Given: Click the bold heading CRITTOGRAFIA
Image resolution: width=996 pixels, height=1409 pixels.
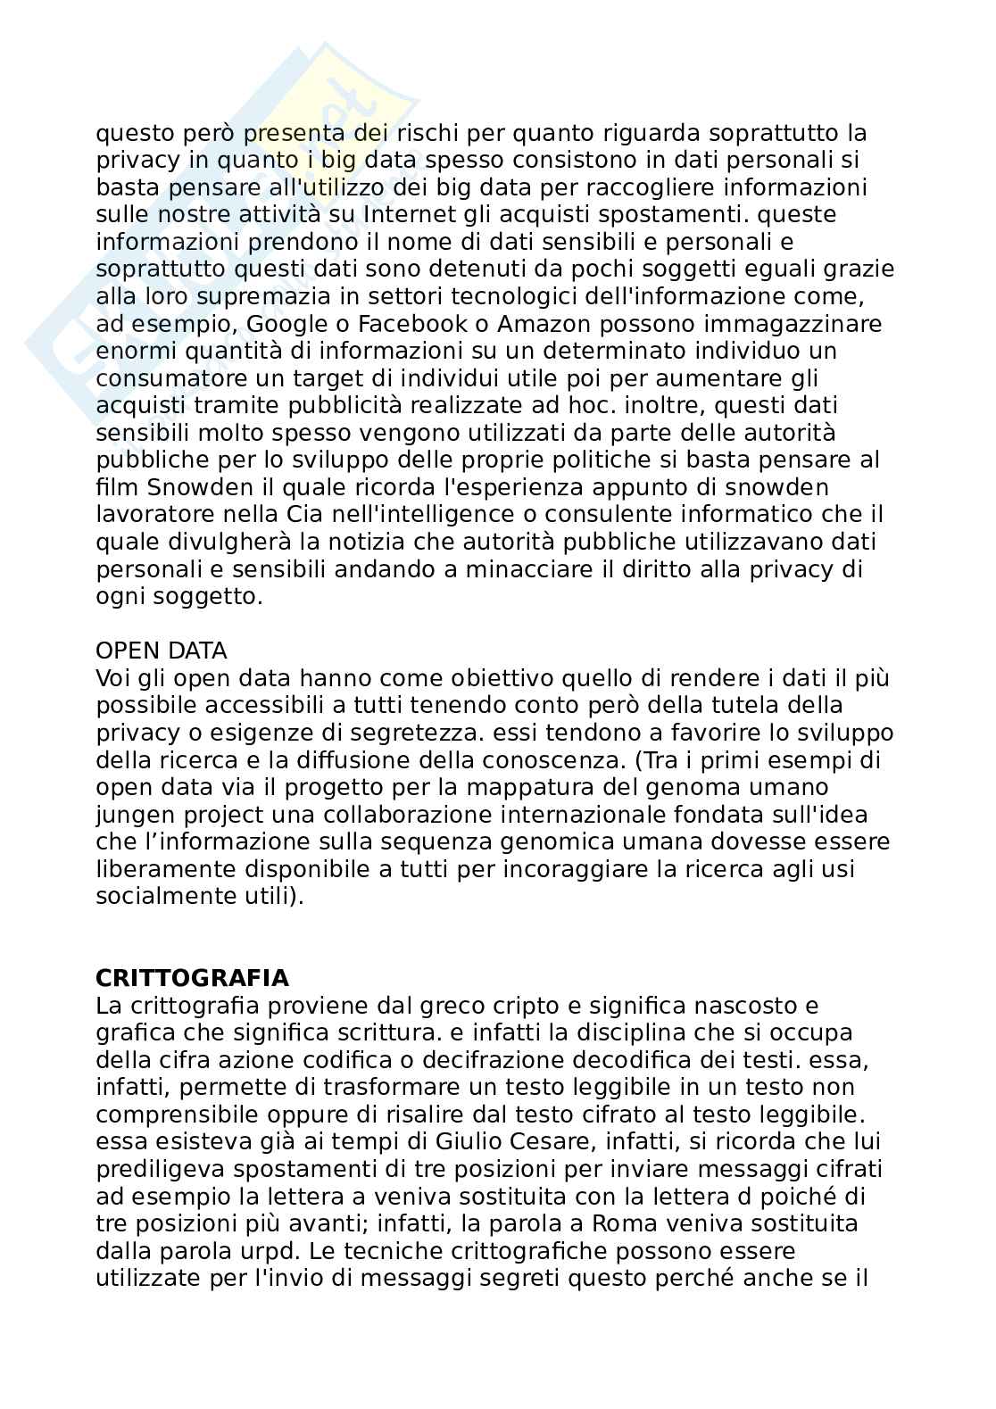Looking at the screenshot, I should coord(192,978).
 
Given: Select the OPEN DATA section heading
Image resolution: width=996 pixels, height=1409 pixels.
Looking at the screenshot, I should coord(162,651).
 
